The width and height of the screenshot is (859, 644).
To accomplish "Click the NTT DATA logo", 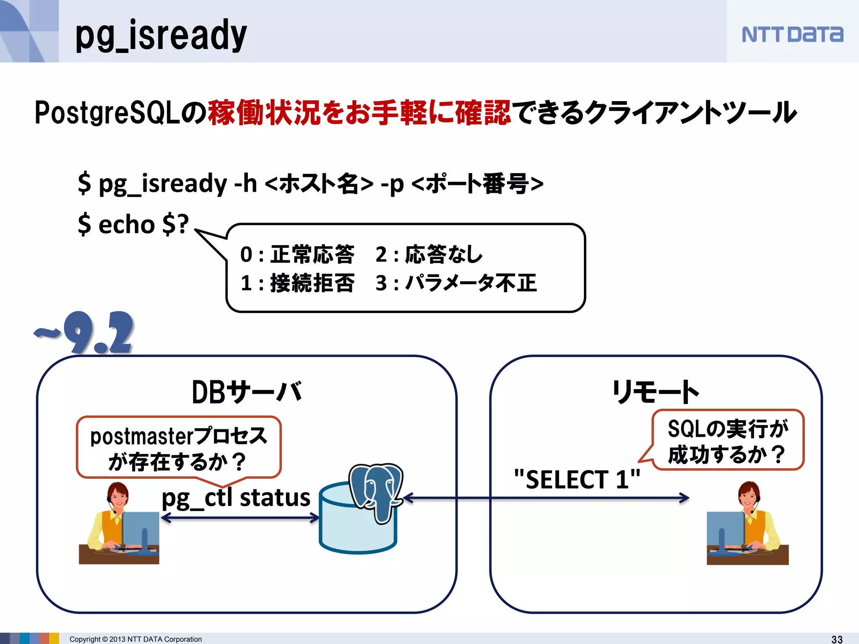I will coord(792,34).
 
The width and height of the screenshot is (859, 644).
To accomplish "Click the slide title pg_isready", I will coord(161,35).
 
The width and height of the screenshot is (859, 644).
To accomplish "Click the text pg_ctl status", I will coord(236,498).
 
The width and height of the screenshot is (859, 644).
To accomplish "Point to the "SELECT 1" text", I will coord(577,479).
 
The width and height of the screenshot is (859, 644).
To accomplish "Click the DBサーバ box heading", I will coord(247,392).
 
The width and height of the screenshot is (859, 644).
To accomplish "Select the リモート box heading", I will coord(655,392).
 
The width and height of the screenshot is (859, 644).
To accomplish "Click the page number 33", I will coord(837,639).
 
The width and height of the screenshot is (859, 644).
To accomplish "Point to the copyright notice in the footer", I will coord(135,639).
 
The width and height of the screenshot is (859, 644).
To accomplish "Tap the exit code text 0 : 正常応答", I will coord(297,254).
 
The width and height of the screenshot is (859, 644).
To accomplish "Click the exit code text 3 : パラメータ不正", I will coord(456,283).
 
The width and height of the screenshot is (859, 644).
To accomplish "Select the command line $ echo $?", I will coord(133,224).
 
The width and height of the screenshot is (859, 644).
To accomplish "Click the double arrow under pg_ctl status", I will coord(240,518).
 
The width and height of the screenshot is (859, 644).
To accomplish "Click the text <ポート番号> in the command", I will coord(477,184).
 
